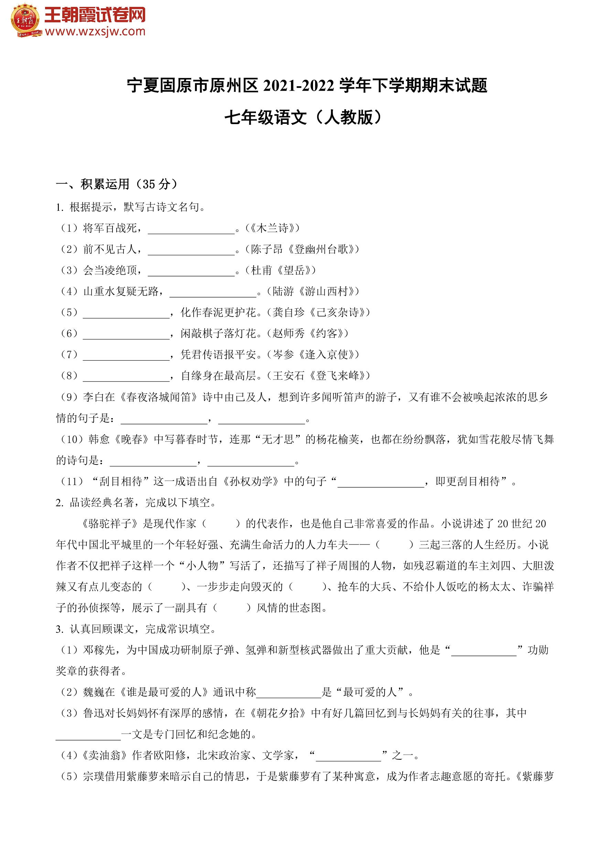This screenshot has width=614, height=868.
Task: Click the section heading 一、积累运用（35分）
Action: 117,184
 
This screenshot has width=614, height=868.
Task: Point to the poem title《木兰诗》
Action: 272,228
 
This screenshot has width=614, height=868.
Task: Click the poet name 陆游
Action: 283,291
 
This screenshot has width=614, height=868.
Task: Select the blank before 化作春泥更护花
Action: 126,314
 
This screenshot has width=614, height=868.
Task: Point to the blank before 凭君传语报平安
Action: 126,355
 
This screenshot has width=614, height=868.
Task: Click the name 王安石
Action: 288,376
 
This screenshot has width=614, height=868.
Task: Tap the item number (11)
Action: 72,481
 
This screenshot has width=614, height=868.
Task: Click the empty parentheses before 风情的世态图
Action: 232,608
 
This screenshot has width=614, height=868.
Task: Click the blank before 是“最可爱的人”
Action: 289,693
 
